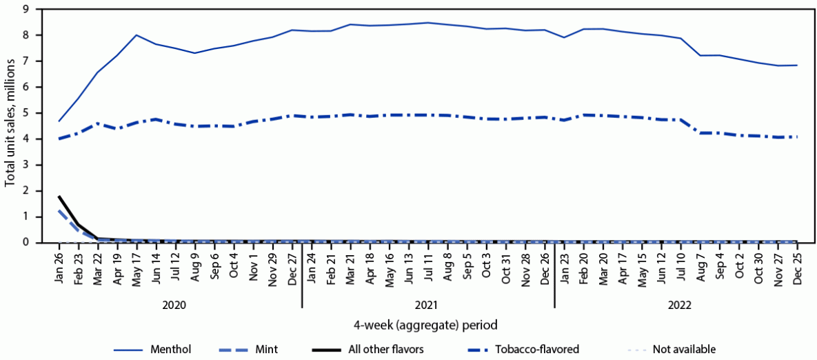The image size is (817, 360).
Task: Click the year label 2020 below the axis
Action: point(174,304)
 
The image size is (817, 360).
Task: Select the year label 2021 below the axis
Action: point(428,304)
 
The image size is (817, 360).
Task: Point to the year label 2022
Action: point(680,304)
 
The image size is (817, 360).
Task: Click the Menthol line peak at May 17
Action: point(137,35)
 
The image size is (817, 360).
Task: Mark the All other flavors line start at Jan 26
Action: point(59,197)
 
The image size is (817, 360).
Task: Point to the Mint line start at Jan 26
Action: point(59,210)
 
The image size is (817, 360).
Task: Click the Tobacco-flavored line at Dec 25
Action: point(797,137)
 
